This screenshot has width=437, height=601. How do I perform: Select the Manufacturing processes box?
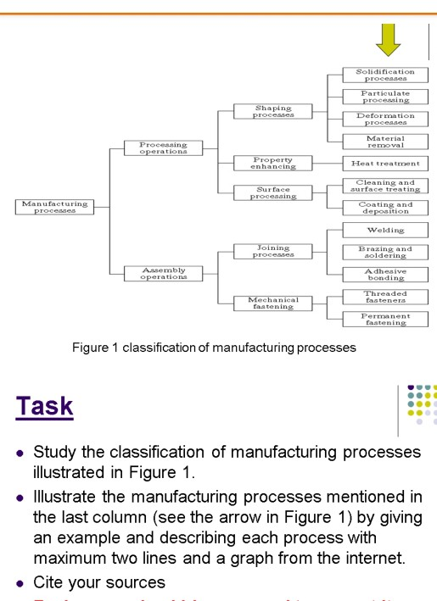(54, 207)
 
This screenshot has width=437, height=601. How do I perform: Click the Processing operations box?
(163, 147)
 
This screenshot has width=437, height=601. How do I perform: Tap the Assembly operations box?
(163, 273)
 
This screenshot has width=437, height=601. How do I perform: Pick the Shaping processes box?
(273, 112)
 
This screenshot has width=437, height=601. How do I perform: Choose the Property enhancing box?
(273, 163)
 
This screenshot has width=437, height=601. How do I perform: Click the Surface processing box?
(273, 192)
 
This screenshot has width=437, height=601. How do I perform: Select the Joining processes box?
(273, 251)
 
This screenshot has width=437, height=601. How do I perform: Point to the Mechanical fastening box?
(273, 303)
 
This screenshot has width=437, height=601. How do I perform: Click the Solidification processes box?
(385, 75)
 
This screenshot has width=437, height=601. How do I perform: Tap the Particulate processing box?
(385, 97)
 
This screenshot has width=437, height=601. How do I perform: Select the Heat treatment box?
(385, 163)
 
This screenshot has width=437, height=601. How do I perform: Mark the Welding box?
(385, 230)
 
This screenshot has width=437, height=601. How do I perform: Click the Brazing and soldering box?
(385, 252)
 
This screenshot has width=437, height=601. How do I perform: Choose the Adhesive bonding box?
(385, 274)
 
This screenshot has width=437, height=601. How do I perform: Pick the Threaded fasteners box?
(385, 297)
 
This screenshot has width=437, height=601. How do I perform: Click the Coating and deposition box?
(385, 207)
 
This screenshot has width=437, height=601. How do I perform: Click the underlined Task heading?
(44, 406)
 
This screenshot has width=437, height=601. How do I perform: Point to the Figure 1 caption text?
(214, 347)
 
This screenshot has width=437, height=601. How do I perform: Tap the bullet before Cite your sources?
(20, 583)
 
